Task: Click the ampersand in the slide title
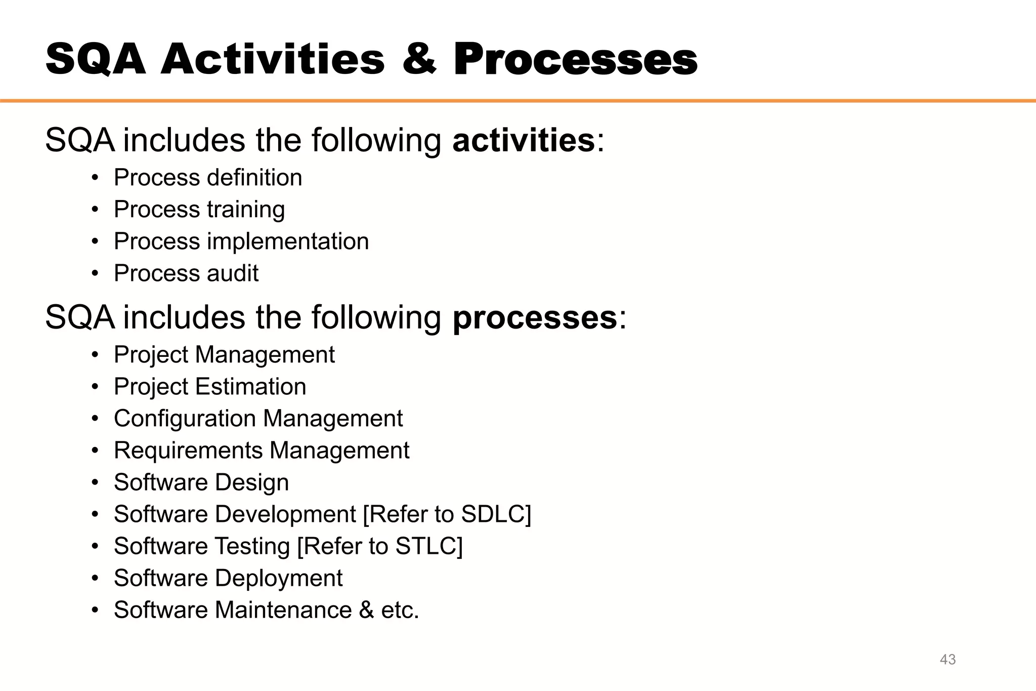[x=419, y=59]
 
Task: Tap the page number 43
[x=947, y=659]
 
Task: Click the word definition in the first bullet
[x=254, y=178]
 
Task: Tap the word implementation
[x=288, y=241]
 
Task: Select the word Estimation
[x=250, y=387]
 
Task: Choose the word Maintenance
[x=283, y=610]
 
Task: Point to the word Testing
[x=252, y=546]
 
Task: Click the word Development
[x=285, y=514]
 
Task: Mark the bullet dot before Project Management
[x=95, y=355]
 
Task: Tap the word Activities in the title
[x=273, y=59]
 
